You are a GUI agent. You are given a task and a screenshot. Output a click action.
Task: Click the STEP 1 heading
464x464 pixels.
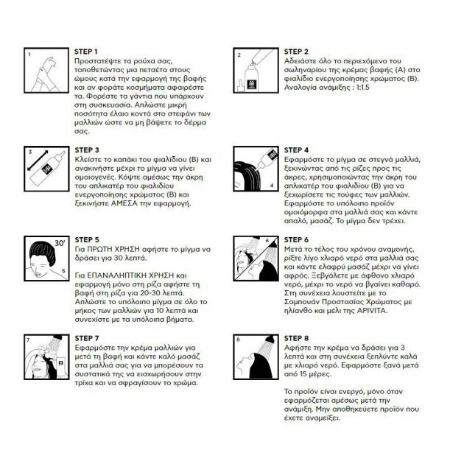tap(86, 52)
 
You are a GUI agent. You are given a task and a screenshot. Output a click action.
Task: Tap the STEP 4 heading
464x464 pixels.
tap(296, 150)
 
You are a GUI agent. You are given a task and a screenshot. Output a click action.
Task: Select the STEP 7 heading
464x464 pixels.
tap(87, 338)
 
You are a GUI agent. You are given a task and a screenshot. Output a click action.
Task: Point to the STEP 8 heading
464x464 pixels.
tap(296, 338)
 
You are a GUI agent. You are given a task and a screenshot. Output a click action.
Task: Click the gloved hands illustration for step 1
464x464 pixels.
tap(46, 74)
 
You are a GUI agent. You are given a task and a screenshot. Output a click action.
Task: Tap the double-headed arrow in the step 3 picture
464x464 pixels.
tap(38, 161)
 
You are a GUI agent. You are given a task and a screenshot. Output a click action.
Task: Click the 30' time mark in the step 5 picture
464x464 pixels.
tap(60, 243)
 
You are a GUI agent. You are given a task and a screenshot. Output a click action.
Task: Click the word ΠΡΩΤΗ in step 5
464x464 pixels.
tap(98, 249)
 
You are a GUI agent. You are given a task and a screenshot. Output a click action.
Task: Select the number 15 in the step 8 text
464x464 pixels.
tap(303, 374)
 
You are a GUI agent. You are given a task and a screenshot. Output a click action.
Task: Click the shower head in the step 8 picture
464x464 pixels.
tap(270, 340)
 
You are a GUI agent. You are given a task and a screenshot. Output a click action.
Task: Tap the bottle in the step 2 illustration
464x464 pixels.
tap(252, 77)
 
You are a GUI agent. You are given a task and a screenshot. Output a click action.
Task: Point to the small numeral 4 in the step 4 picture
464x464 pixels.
tap(272, 186)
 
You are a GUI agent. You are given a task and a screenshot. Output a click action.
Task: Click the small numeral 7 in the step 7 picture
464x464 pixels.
tap(28, 340)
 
